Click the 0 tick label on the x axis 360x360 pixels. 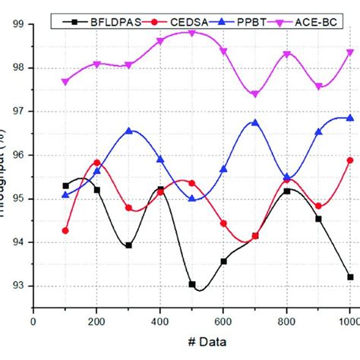[33, 322]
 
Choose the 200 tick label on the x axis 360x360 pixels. [97, 322]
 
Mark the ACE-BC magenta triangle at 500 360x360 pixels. [192, 33]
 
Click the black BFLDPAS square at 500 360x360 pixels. [192, 284]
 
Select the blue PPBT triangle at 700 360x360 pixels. [255, 122]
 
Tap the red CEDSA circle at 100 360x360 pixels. [65, 230]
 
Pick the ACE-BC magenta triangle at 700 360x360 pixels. [255, 94]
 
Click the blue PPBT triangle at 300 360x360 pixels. [129, 131]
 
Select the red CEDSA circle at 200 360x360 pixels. [97, 163]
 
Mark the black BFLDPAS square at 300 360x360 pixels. [129, 245]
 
